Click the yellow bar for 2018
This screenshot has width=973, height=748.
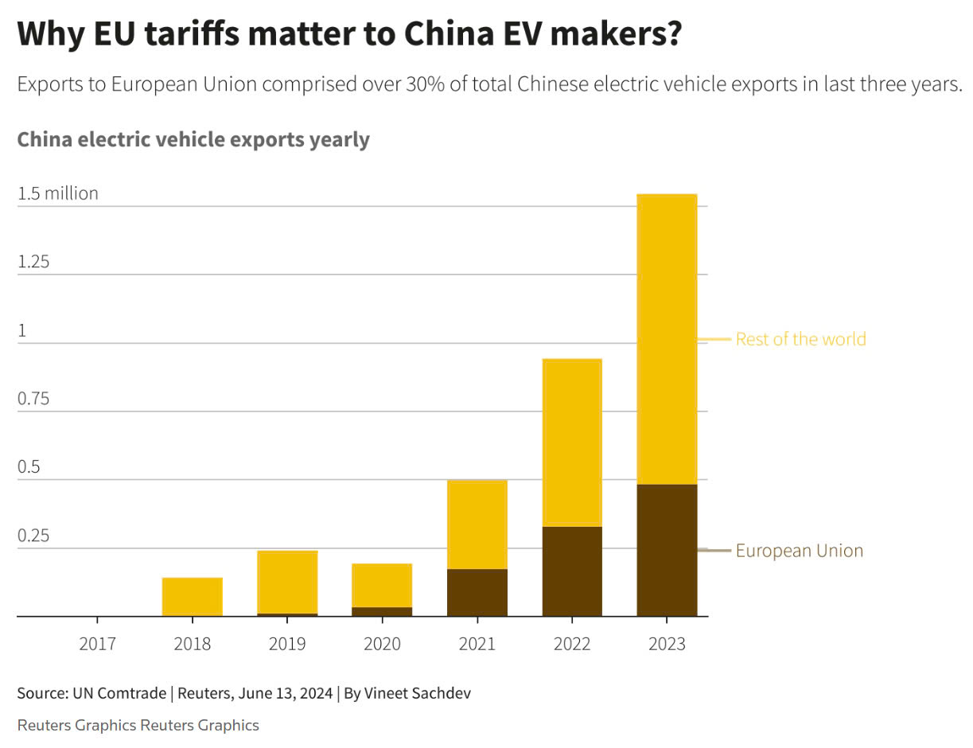(192, 597)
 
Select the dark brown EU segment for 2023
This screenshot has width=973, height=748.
(667, 550)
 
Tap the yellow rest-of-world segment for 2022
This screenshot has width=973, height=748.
(572, 442)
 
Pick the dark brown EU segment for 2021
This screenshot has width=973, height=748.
(477, 593)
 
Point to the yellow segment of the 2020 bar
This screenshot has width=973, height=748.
(382, 586)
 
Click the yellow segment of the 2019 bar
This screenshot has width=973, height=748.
(287, 582)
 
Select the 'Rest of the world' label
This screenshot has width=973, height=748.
(800, 339)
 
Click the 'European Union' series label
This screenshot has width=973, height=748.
(800, 551)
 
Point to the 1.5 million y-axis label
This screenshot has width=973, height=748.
(58, 193)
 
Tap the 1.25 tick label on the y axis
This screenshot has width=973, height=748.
(33, 262)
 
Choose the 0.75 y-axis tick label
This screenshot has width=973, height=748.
(33, 399)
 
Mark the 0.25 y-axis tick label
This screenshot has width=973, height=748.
(33, 536)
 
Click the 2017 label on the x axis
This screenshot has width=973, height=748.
(98, 644)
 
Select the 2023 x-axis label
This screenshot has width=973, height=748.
(667, 644)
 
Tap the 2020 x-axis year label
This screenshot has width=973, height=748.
(382, 644)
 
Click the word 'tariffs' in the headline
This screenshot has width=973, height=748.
(193, 33)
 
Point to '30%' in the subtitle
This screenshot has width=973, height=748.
(425, 84)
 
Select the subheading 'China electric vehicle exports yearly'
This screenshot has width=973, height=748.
(193, 140)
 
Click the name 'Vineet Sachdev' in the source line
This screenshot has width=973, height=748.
(418, 693)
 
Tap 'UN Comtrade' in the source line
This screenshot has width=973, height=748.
(119, 693)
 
